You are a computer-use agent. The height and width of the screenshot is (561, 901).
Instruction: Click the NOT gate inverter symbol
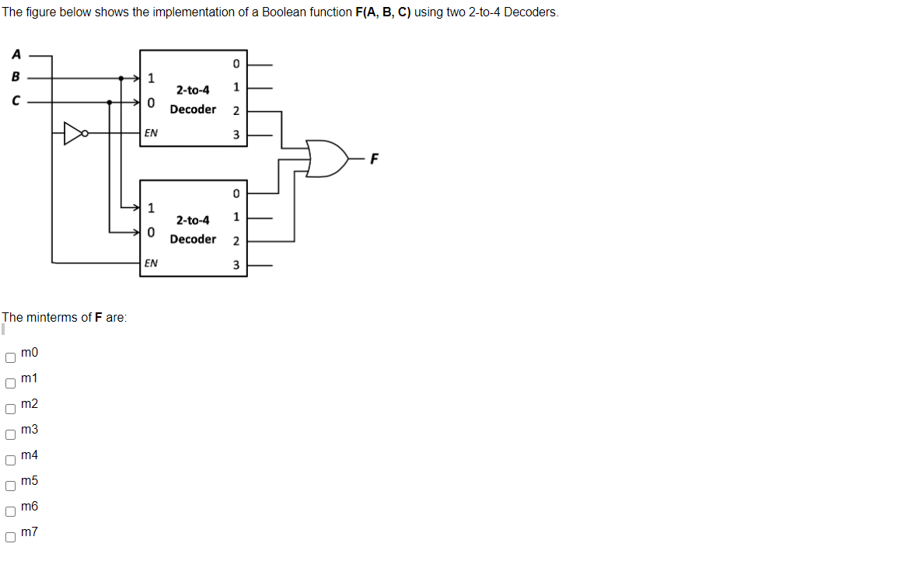click(75, 134)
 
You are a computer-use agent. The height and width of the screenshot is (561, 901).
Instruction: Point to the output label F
click(375, 160)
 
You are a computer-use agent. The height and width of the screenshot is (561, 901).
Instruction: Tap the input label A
click(15, 54)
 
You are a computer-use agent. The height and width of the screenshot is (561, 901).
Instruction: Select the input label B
click(15, 78)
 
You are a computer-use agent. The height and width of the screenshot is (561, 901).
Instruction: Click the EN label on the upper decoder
click(151, 134)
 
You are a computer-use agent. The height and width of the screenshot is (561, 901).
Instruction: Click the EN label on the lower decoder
click(151, 263)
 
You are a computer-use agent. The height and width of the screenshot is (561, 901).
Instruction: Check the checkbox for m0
click(10, 358)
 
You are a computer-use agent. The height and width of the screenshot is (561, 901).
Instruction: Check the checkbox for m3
click(10, 435)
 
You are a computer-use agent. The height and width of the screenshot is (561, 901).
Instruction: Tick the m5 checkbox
click(10, 486)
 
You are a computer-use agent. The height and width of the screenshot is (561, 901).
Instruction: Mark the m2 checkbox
click(10, 409)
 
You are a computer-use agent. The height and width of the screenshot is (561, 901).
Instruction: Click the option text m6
click(30, 507)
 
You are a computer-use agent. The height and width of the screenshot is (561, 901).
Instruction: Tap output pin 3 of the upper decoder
click(236, 136)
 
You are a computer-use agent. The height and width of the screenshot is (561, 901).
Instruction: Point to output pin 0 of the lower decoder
click(236, 193)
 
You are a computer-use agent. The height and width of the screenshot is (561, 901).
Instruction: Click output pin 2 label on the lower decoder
click(236, 241)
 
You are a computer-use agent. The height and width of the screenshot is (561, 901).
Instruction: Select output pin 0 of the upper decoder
click(236, 63)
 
